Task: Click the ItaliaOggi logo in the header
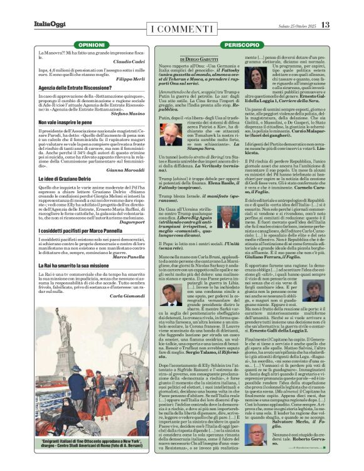click(x=48, y=25)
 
